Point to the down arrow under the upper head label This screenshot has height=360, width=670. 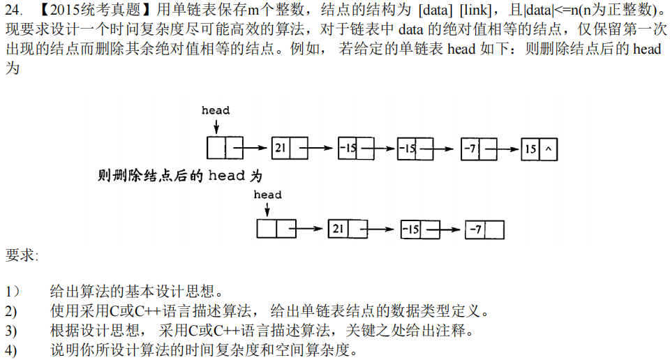tap(216, 126)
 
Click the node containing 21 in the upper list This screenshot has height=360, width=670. tap(289, 149)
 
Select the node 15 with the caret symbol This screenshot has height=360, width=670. tap(539, 149)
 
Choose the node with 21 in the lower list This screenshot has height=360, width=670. tap(347, 229)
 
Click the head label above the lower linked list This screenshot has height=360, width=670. tap(267, 195)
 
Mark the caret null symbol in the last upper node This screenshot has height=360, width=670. tap(548, 149)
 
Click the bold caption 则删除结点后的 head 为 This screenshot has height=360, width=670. tap(180, 175)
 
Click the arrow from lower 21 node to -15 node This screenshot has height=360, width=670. tap(383, 229)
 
